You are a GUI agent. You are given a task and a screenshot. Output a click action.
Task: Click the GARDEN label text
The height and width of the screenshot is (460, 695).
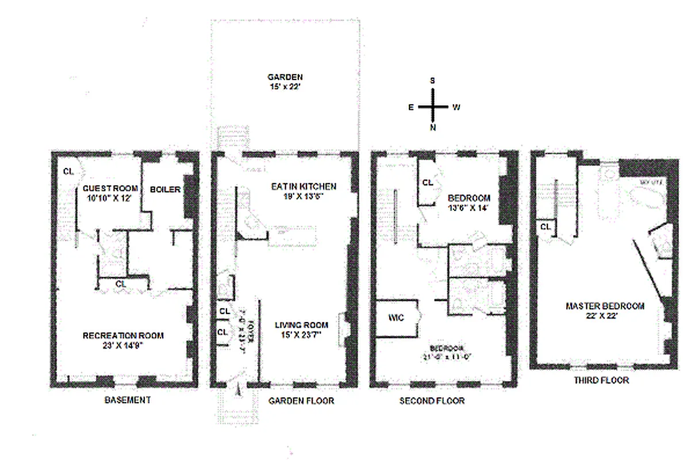[285, 77]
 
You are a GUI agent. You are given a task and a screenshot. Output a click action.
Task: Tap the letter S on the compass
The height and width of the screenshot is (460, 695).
[432, 80]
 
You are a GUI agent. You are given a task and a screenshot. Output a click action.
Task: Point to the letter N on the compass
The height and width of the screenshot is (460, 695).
[432, 128]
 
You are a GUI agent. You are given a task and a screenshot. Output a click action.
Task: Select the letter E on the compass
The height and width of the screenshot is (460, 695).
[411, 107]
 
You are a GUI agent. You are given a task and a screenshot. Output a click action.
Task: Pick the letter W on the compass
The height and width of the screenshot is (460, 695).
[455, 107]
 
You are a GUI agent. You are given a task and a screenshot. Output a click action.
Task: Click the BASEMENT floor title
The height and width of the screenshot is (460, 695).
[127, 400]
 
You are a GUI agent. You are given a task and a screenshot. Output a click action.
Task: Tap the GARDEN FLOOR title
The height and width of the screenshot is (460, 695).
[301, 401]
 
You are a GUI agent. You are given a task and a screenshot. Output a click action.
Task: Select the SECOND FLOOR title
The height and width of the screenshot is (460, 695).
[432, 401]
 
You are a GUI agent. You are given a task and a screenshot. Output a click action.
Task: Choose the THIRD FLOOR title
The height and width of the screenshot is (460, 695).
[601, 381]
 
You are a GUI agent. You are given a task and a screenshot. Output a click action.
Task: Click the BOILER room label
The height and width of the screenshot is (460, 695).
[166, 189]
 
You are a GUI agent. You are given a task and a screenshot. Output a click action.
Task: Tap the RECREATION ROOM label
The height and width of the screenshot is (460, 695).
[123, 336]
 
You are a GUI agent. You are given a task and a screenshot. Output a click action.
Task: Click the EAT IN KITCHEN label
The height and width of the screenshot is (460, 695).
[303, 186]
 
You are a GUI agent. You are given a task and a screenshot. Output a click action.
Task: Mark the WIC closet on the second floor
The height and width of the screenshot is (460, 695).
[396, 317]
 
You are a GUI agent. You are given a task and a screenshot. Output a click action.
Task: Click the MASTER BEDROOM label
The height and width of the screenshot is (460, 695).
[605, 306]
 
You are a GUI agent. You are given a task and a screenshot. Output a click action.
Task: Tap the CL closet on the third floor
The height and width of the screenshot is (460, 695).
[545, 227]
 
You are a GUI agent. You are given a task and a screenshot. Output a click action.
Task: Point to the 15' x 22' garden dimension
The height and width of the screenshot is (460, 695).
[285, 87]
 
